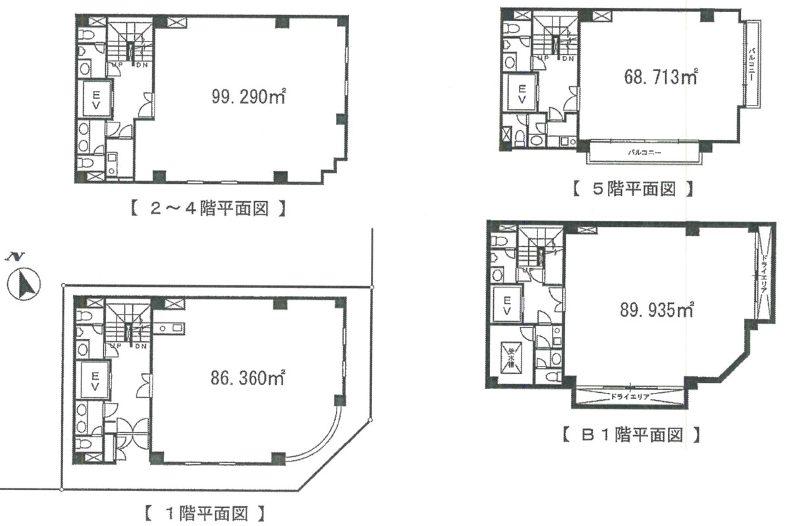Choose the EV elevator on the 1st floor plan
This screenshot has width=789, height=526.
pos(94,381)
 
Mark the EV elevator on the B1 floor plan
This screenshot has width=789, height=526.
pos(508,305)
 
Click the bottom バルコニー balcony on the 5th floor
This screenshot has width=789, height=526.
pos(644,152)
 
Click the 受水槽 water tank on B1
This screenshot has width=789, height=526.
pos(510,357)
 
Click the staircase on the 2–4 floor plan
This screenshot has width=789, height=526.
pos(130,44)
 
